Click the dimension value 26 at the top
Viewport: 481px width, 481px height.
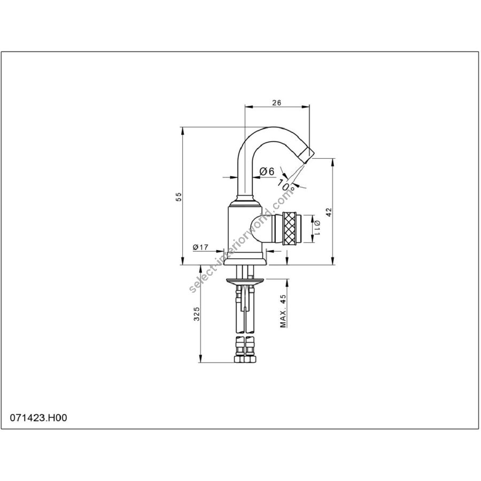277,103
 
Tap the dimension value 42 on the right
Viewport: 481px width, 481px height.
329,212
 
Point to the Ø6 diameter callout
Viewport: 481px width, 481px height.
267,171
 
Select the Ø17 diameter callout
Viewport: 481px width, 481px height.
200,247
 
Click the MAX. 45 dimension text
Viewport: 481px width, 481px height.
283,311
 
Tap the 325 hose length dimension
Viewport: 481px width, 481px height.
197,314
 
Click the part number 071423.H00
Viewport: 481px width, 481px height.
38,417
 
